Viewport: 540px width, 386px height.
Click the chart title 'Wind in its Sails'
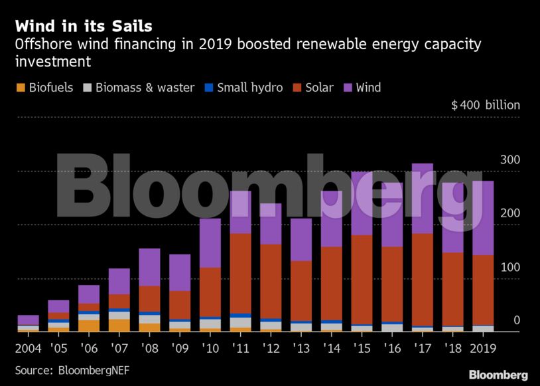(x=84, y=27)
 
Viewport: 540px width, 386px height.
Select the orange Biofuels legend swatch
(x=20, y=88)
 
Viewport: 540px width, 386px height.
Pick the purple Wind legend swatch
(x=348, y=88)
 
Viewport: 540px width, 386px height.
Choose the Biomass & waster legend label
(x=145, y=88)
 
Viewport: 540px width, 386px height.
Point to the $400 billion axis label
(x=486, y=105)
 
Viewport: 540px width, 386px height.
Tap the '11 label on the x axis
(x=241, y=347)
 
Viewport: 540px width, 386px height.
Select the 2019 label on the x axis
(x=484, y=347)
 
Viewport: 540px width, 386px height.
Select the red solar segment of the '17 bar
(x=422, y=279)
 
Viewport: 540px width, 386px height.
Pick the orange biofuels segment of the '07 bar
(x=119, y=325)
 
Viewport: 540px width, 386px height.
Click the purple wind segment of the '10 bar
(x=210, y=242)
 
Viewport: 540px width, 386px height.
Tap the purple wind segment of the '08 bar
(x=149, y=267)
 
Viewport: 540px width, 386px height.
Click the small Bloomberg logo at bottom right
(x=498, y=375)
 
